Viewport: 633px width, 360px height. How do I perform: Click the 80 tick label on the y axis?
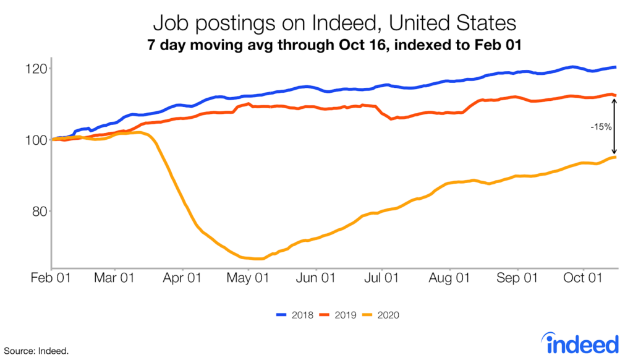[38, 212]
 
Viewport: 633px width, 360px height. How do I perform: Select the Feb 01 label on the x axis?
[52, 278]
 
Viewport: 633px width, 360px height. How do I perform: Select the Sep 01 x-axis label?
[517, 278]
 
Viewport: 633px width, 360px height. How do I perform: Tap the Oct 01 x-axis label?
[582, 278]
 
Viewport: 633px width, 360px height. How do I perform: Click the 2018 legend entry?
[294, 315]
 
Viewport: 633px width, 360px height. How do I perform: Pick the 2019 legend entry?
[337, 315]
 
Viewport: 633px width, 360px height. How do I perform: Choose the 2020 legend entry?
[380, 315]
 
